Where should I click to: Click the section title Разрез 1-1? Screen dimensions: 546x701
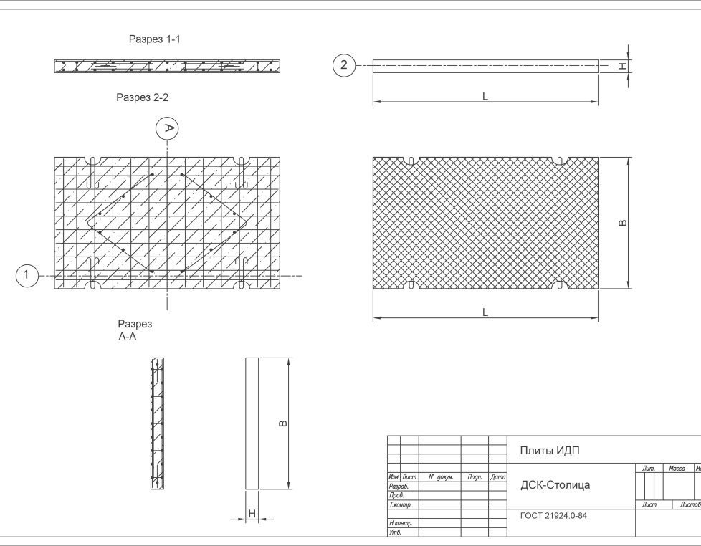(153, 39)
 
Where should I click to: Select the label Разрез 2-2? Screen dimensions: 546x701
(142, 98)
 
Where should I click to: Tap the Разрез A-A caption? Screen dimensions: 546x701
(134, 330)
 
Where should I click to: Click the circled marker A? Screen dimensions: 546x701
(167, 128)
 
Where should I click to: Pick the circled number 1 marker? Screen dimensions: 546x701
(27, 275)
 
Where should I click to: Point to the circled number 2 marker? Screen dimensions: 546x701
(344, 66)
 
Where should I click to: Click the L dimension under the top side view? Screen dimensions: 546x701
(485, 96)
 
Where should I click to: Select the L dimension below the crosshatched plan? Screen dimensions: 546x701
(485, 312)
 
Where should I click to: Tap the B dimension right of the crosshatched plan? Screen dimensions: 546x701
(623, 223)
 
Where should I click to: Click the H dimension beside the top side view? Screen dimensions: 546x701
(624, 67)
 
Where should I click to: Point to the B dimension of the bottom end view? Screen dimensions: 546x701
(283, 423)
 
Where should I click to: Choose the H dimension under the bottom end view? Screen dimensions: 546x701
(252, 513)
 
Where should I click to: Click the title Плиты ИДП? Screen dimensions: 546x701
(549, 450)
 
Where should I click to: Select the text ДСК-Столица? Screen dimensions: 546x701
(555, 485)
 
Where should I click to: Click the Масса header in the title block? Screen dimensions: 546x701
(677, 469)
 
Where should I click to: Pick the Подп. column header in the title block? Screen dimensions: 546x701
(474, 476)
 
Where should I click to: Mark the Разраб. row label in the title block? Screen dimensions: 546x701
(398, 486)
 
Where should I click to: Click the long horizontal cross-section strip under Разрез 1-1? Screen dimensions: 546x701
(166, 67)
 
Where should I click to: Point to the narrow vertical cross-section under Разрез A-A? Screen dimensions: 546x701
(156, 423)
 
